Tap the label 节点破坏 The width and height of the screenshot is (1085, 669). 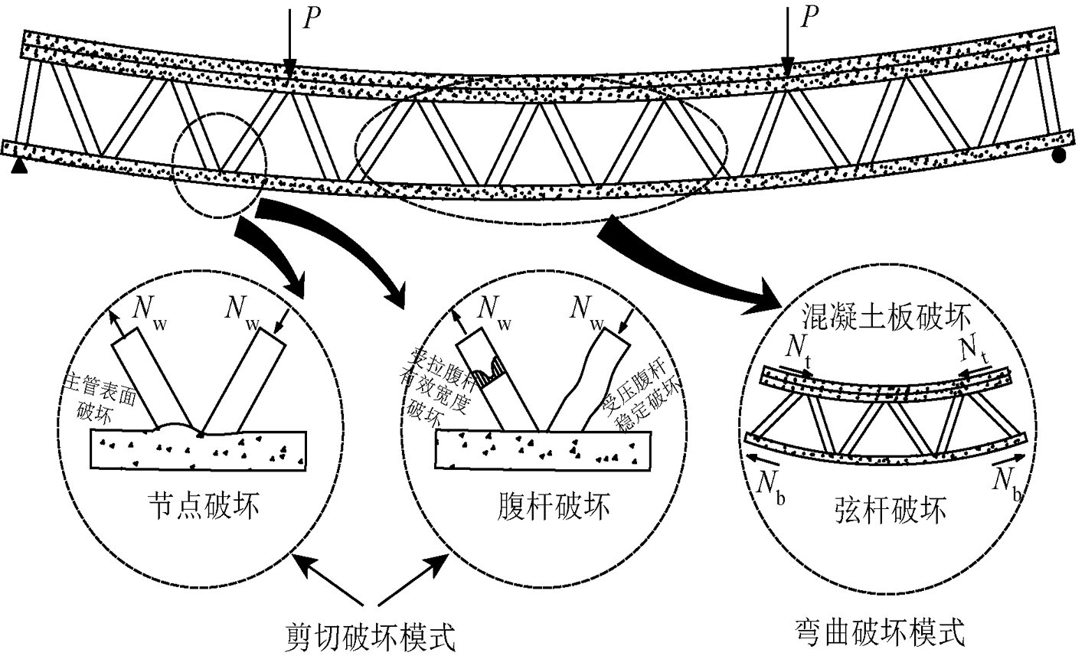202,506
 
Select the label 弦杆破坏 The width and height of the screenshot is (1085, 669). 888,509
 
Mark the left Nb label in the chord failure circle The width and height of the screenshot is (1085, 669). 770,484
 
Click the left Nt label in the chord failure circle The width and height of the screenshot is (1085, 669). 800,349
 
